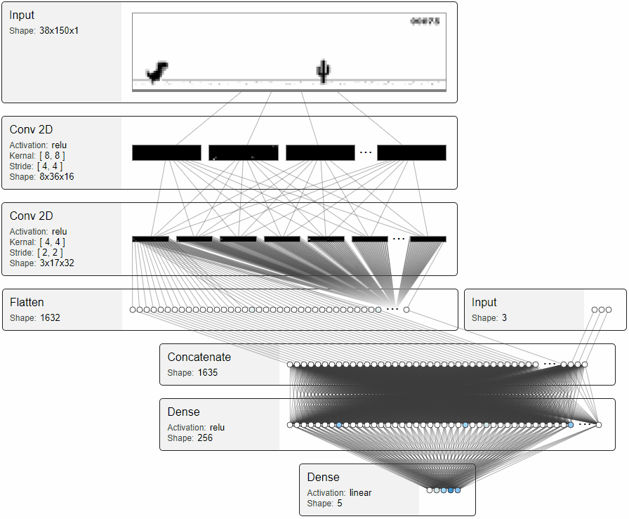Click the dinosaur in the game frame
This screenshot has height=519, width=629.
(x=157, y=72)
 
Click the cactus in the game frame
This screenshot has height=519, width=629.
(x=322, y=71)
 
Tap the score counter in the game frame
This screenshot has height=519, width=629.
(x=425, y=22)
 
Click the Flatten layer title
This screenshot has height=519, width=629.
(x=27, y=303)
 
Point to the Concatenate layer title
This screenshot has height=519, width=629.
(x=199, y=357)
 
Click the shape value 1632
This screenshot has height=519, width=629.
(x=49, y=318)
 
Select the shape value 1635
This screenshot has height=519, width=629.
(x=207, y=373)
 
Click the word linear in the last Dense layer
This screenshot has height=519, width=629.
(x=361, y=493)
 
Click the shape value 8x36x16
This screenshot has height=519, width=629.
(x=57, y=177)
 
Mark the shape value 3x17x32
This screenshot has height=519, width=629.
(x=57, y=263)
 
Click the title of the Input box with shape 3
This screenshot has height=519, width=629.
(x=484, y=303)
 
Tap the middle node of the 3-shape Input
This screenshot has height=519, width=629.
(x=602, y=310)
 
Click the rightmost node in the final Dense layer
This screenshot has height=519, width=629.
(x=458, y=490)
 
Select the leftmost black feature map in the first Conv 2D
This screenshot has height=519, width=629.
(x=166, y=153)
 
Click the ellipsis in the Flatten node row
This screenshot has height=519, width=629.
(x=392, y=310)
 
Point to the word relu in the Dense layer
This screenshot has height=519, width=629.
(x=217, y=428)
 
